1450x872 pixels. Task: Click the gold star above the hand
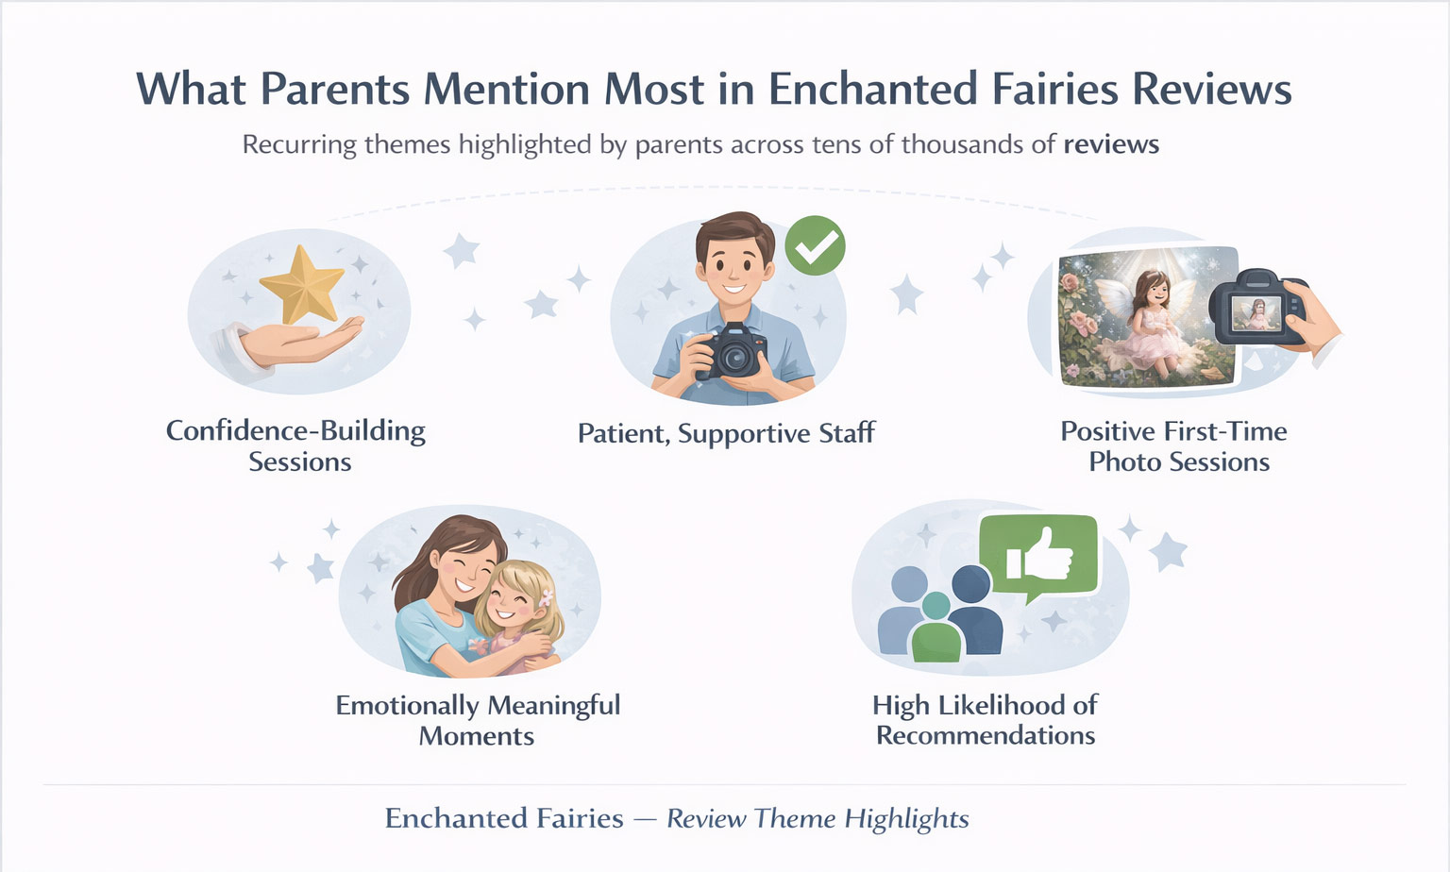302,285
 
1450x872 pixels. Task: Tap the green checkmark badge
815,245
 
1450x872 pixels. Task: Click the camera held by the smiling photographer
733,351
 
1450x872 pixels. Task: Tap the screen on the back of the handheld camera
1256,313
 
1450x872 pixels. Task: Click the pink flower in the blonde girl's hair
546,597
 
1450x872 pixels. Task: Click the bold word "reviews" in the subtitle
1111,144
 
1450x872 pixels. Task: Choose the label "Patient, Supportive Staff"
726,433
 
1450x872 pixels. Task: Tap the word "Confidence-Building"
295,431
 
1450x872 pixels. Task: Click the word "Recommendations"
986,735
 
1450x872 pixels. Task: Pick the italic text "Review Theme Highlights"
818,819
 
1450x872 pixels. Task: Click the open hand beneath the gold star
288,343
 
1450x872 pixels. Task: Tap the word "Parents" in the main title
335,89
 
